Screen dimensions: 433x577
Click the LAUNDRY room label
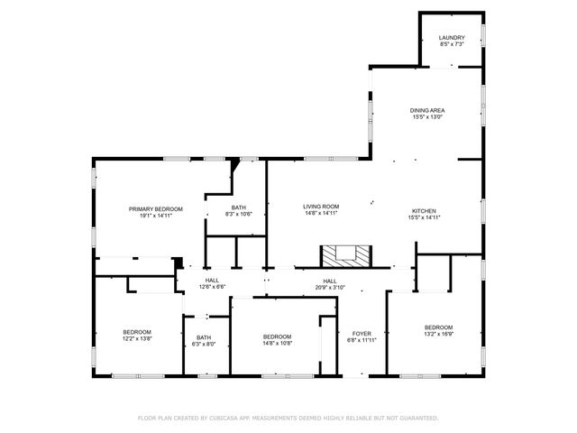pos(452,37)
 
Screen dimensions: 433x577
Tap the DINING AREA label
pos(427,110)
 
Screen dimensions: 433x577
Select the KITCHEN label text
pos(425,210)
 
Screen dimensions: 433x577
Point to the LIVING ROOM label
pos(320,207)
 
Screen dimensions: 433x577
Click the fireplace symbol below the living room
pos(345,255)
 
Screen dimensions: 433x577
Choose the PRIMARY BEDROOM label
pos(155,208)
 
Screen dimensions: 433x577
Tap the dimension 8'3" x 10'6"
pos(238,214)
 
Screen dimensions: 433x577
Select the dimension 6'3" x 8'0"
pos(203,344)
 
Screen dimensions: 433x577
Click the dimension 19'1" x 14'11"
pos(155,215)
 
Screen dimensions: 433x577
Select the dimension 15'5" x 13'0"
pos(427,116)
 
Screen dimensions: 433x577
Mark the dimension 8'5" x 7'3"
pos(452,43)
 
